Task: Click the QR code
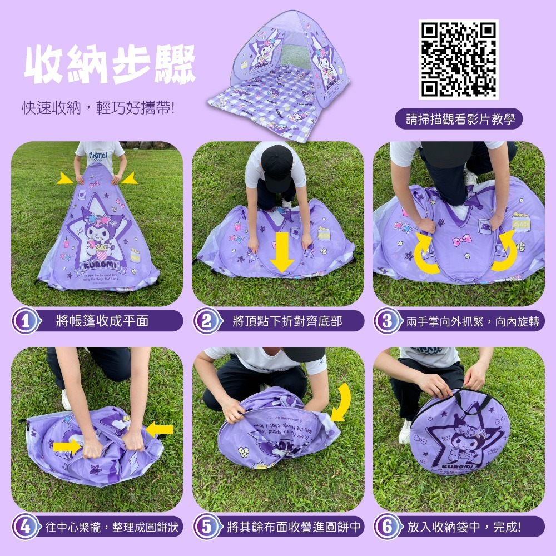coord(458,59)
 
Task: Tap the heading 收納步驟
coord(110,66)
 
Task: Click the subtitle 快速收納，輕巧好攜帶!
coord(98,108)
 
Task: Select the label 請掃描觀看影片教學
coord(459,119)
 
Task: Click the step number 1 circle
coord(24,321)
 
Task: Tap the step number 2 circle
coord(206,321)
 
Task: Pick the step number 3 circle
coord(385,321)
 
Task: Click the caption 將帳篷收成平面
coord(103,321)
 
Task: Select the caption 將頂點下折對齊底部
coord(287,321)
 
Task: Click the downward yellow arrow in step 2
coord(282,252)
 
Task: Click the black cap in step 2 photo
coord(276,164)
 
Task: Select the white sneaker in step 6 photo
coord(404,431)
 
